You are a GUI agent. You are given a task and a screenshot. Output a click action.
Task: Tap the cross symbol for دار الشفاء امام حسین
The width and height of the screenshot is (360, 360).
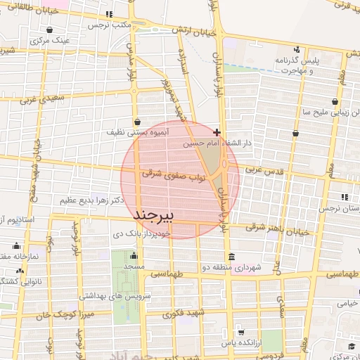(217, 131)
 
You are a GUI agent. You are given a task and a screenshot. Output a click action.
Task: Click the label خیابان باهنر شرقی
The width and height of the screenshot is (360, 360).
(278, 229)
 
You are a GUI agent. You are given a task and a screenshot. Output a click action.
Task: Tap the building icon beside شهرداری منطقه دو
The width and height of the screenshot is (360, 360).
(231, 256)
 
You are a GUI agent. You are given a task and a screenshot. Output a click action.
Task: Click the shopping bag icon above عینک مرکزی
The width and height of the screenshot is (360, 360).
(51, 30)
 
